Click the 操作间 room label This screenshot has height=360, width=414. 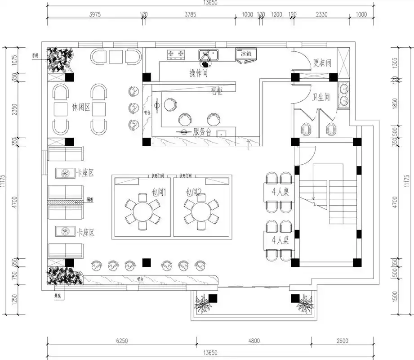198,73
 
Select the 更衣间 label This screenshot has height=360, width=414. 322,63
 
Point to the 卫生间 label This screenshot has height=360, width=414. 321,97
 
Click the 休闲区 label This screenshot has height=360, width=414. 81,108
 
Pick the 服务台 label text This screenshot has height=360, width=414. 202,132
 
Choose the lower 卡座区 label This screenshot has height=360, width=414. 85,232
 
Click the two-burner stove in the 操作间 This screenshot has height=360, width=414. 176,54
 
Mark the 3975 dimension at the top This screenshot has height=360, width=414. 95,14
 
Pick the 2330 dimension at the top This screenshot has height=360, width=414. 321,14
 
